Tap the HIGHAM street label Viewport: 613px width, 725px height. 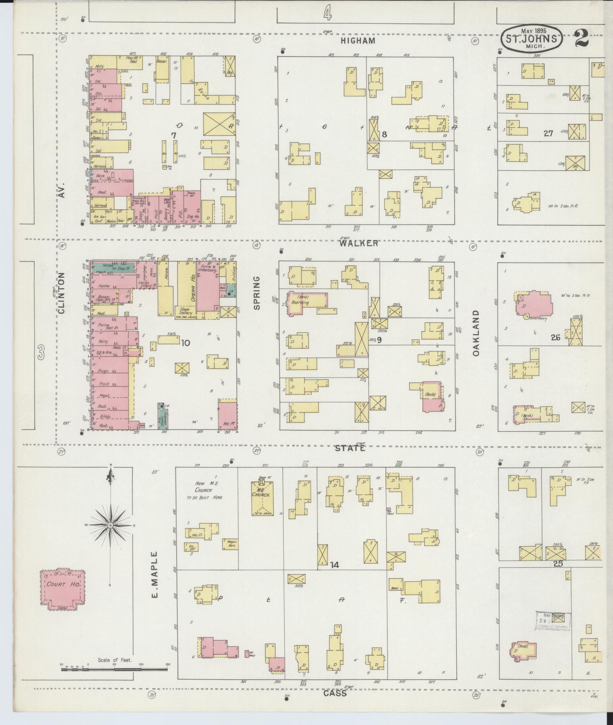358,41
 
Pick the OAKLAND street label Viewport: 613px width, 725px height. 476,333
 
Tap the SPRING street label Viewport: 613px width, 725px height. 257,293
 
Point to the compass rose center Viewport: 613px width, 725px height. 110,525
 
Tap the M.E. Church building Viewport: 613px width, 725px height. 262,498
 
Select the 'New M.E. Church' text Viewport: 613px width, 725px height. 206,490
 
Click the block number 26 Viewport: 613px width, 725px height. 555,337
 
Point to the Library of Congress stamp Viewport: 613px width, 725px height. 553,621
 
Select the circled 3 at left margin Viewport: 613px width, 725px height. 41,353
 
